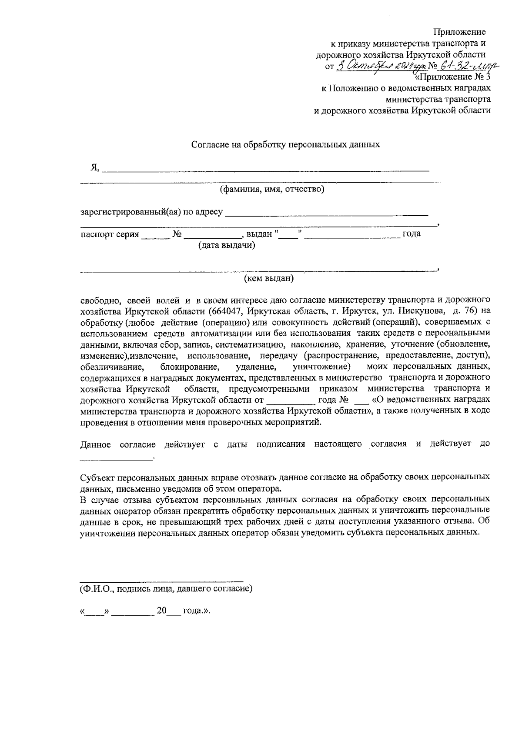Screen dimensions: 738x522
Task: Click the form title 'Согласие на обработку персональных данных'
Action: point(286,145)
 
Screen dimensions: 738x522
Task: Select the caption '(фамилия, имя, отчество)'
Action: point(272,189)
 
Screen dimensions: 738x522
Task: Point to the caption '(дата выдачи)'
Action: point(227,245)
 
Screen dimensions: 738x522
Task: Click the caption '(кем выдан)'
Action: point(269,278)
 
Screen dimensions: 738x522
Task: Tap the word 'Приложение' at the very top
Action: point(460,32)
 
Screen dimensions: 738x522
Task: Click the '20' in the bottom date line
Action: point(161,611)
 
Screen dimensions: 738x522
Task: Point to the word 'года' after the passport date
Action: point(412,234)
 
